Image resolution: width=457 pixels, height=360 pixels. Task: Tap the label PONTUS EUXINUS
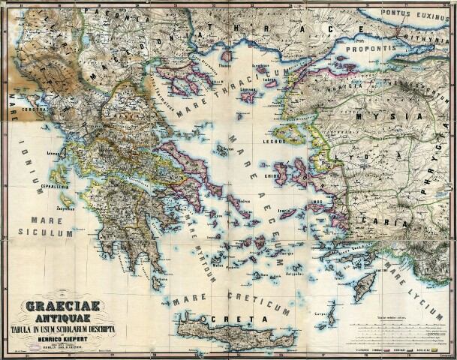coord(417,13)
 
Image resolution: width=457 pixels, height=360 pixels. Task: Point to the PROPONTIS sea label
coord(370,47)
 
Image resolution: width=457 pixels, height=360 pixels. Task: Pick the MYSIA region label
coord(373,117)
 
